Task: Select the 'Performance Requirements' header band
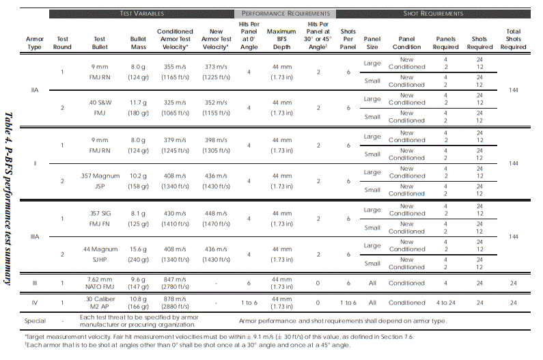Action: pos(285,13)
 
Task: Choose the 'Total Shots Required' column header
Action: pos(513,39)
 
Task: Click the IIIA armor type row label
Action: pos(35,236)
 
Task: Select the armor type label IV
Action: pos(35,302)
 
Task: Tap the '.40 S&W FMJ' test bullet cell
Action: pos(100,107)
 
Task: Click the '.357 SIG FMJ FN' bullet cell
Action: pos(100,218)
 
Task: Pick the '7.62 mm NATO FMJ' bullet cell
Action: pos(100,282)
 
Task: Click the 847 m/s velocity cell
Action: pos(175,282)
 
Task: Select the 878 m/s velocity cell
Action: pos(175,302)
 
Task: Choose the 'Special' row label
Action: pos(35,320)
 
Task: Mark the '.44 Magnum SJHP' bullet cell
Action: pos(100,254)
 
